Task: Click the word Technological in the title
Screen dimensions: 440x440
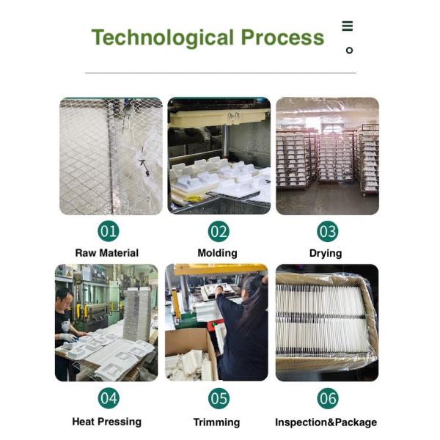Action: point(163,38)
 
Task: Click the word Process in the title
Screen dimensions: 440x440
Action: point(282,37)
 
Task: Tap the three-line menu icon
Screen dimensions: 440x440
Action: point(348,26)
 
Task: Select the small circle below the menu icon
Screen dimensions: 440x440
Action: point(349,51)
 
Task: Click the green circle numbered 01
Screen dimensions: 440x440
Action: point(109,232)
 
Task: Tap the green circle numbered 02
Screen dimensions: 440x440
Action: point(219,232)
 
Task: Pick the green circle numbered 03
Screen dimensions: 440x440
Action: point(328,232)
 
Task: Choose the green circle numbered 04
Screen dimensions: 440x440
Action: point(109,398)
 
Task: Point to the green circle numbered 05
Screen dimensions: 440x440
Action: point(219,398)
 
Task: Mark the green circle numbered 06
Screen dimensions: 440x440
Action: point(328,398)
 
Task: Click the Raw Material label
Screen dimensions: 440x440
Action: point(107,253)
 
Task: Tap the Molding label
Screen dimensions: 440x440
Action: point(218,253)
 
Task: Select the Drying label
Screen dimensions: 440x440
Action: point(326,254)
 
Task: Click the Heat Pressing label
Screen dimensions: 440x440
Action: point(106,422)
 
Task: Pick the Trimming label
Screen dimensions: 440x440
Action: point(216,422)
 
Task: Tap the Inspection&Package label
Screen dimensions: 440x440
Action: point(326,422)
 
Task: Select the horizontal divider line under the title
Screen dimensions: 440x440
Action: point(221,73)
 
